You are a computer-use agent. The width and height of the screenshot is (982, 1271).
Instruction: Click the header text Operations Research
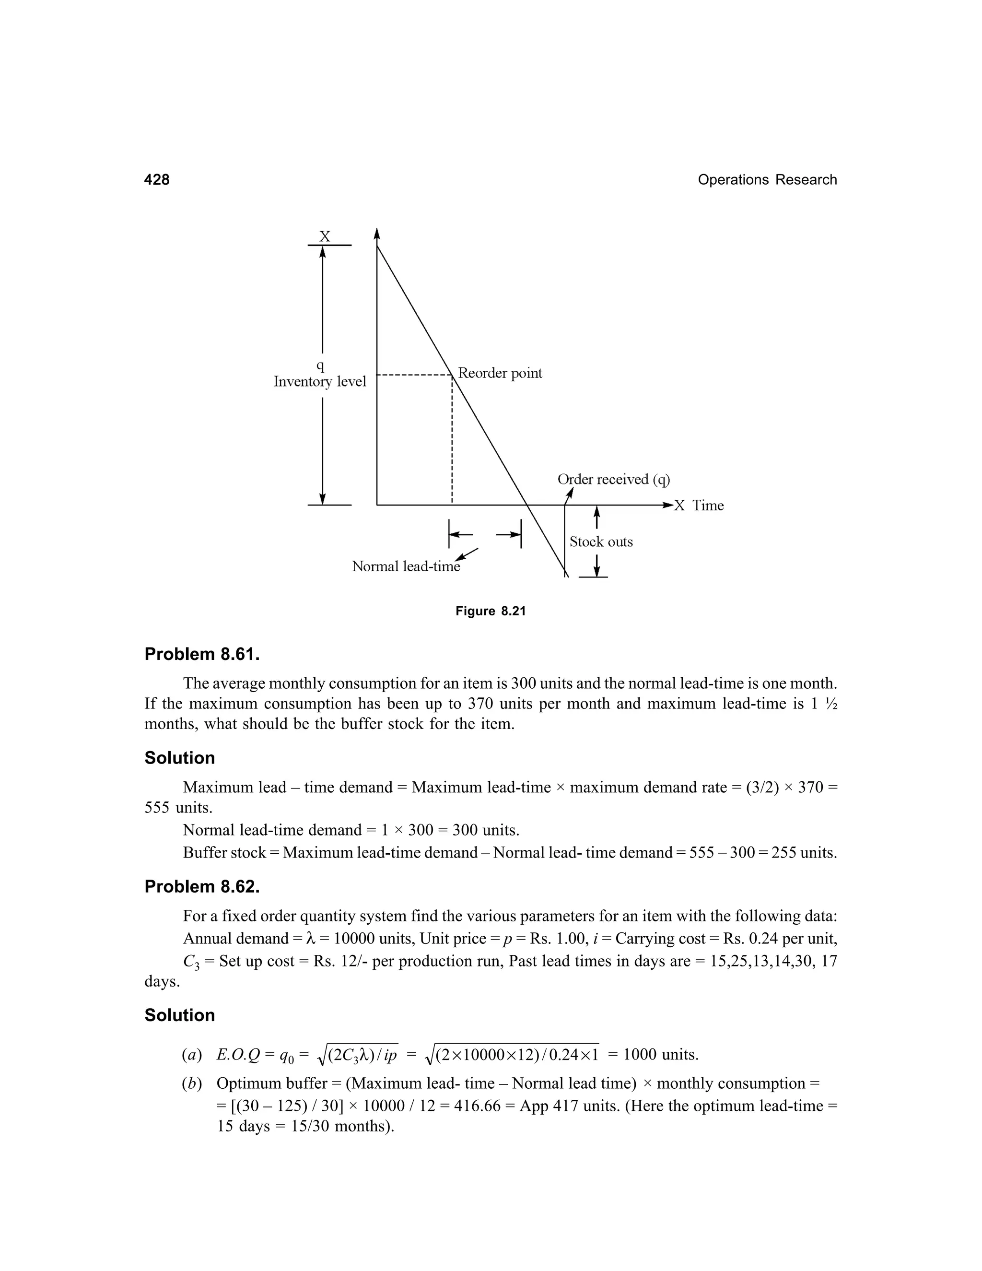pyautogui.click(x=767, y=180)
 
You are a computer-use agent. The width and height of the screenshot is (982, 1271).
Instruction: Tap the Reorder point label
pyautogui.click(x=500, y=373)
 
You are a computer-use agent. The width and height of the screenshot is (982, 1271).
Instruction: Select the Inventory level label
pyautogui.click(x=320, y=382)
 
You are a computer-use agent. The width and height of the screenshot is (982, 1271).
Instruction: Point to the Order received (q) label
pyautogui.click(x=614, y=480)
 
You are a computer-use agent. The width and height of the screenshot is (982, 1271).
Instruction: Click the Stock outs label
pyautogui.click(x=601, y=542)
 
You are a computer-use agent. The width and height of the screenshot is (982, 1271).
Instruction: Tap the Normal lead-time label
pyautogui.click(x=406, y=567)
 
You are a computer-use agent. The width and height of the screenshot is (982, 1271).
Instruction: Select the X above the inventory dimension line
pyautogui.click(x=325, y=237)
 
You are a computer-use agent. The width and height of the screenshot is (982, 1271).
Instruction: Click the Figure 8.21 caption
pyautogui.click(x=491, y=611)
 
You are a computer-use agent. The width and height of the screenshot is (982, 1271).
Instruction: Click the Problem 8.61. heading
pyautogui.click(x=202, y=654)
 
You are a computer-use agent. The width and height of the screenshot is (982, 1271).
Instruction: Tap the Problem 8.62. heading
pyautogui.click(x=202, y=886)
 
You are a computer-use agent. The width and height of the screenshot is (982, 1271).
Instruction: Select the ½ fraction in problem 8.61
pyautogui.click(x=831, y=704)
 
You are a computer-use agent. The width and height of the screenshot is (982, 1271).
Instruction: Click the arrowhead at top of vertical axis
pyautogui.click(x=377, y=234)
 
